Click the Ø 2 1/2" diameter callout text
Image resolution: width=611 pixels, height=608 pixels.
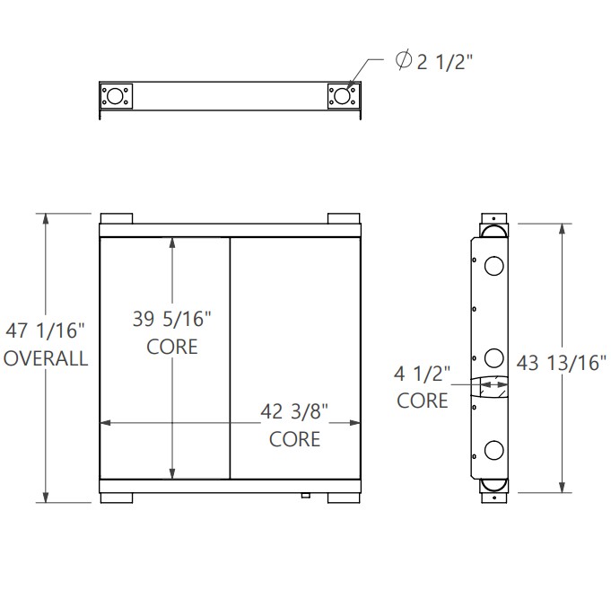coord(435,61)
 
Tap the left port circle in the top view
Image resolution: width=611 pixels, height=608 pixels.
coord(117,96)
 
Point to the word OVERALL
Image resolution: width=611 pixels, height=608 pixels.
coord(47,358)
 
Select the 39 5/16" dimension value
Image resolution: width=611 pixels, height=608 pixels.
coord(171,318)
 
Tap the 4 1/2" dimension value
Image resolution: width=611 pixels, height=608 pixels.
coord(423,373)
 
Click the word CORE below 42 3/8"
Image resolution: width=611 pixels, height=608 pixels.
coord(295,439)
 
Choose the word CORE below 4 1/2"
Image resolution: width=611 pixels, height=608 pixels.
coord(423,401)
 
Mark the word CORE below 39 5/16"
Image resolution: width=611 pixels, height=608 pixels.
coord(171,346)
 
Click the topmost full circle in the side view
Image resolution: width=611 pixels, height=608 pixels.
coord(493,266)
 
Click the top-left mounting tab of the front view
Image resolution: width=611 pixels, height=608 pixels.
coord(117,219)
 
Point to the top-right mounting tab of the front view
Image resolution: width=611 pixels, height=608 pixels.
coord(344,219)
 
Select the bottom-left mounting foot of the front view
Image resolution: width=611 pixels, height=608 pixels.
coord(117,497)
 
